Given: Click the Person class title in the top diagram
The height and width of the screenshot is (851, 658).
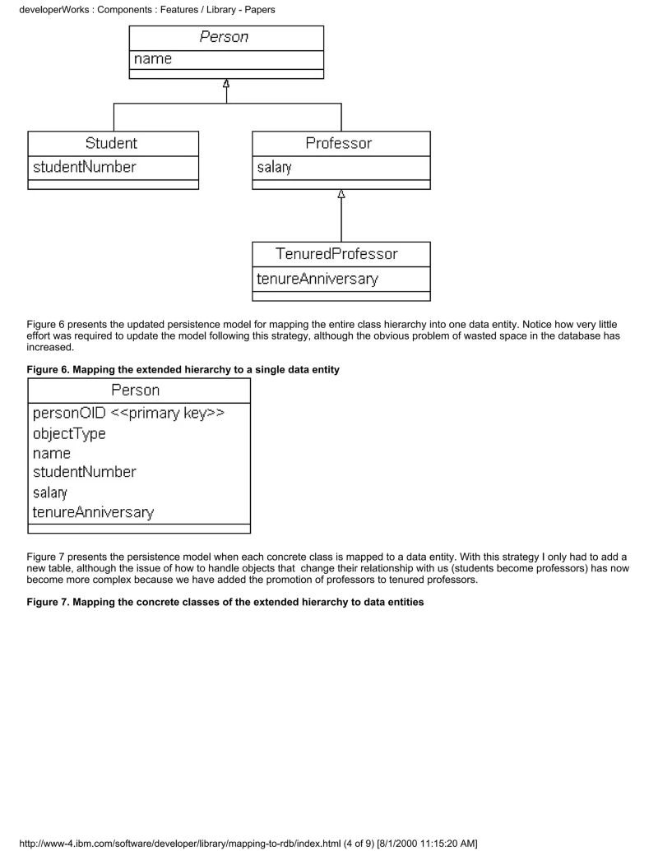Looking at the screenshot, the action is pos(225,37).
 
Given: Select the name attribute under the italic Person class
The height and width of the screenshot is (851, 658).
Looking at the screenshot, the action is pos(154,59).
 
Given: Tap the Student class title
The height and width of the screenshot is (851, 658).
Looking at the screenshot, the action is pos(111,143).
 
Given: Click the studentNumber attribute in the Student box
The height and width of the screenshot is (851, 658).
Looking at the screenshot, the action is pos(84,167).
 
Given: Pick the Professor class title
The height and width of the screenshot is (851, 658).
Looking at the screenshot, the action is pos(339,143).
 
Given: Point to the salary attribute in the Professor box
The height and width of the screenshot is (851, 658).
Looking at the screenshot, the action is pos(274,168).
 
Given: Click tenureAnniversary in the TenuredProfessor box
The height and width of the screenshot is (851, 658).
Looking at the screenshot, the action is pos(317,279).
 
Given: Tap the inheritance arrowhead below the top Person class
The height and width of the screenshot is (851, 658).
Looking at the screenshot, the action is pos(226,84).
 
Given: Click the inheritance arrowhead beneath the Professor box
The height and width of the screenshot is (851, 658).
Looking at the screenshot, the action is pos(341,195).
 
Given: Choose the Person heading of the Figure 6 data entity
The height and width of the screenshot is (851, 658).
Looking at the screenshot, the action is pos(136,390).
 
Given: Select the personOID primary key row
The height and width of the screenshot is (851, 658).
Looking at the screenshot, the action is pos(129,414).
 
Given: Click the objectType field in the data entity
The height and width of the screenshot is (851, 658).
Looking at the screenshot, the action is pos(69,433).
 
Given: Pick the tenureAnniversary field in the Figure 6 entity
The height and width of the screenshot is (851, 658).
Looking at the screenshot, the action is pos(93,512).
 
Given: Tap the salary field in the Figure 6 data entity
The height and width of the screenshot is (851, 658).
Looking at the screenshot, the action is pos(50,493).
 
